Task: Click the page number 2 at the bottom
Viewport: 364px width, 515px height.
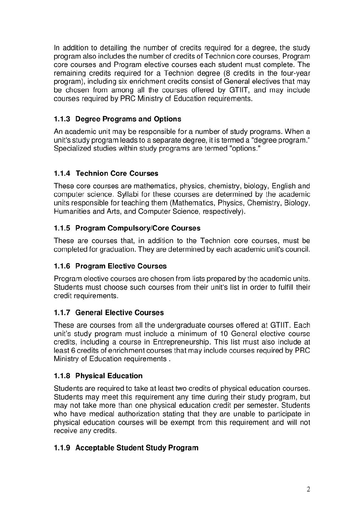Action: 308,490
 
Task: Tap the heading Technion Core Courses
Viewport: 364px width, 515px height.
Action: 117,173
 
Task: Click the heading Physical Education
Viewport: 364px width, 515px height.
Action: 109,376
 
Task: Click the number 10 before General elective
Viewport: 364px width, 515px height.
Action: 224,333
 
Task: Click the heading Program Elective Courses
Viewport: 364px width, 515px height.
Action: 121,266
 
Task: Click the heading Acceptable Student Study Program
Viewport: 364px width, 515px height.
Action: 137,448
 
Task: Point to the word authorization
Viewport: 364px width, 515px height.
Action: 135,414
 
